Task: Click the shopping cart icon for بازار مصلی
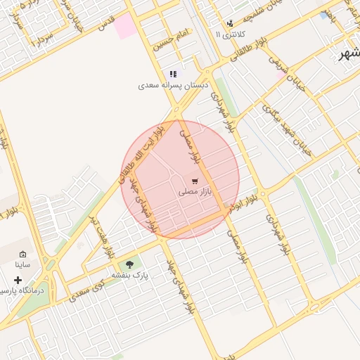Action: (x=195, y=181)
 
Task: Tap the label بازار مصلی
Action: (x=195, y=191)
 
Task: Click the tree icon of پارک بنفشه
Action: (x=129, y=264)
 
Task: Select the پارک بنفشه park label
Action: (x=129, y=276)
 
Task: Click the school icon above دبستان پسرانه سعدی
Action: (x=173, y=74)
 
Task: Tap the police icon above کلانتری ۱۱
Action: (x=230, y=22)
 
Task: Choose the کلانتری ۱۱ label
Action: (x=229, y=34)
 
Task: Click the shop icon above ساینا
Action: (x=22, y=254)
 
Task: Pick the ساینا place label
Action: (x=22, y=265)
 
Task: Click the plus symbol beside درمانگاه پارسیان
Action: (x=18, y=280)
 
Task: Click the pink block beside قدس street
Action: (x=125, y=27)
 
